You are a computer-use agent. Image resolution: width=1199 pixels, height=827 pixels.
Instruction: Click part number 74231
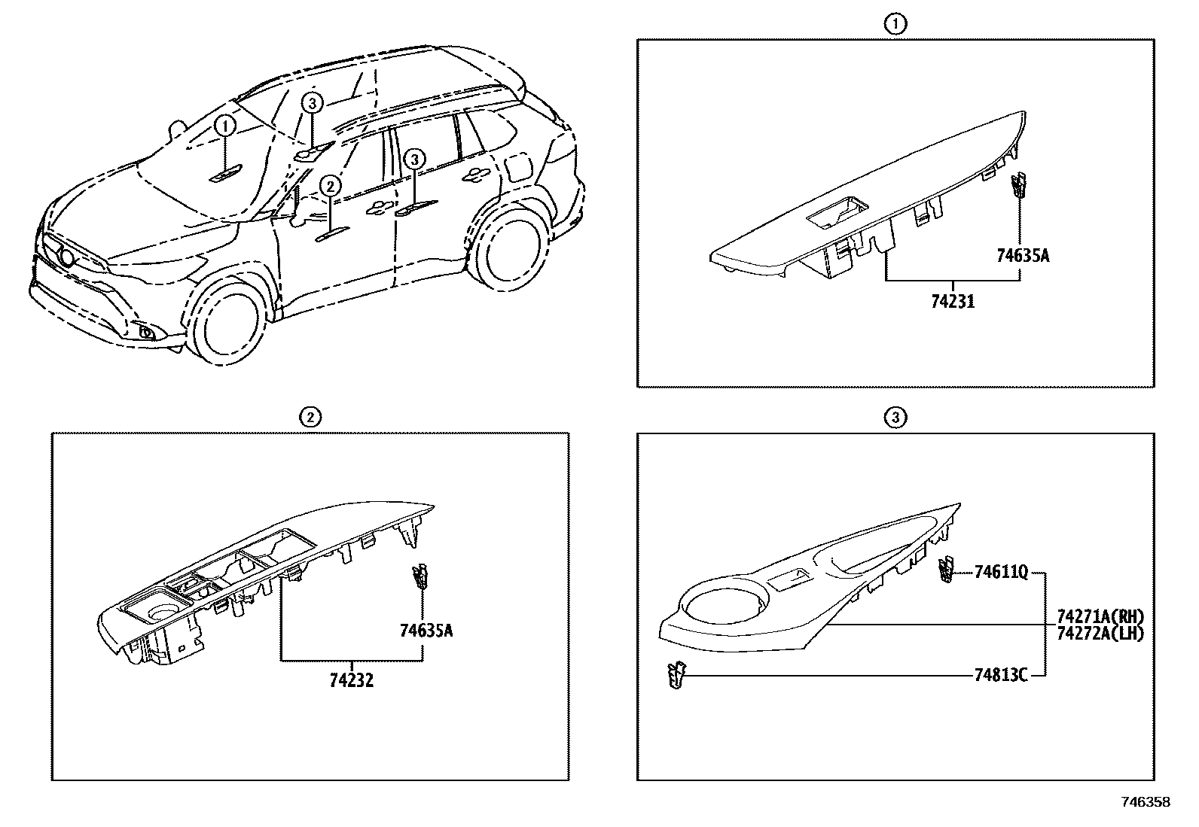coord(952,302)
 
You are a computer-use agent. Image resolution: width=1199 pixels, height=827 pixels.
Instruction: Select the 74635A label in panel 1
coord(1022,256)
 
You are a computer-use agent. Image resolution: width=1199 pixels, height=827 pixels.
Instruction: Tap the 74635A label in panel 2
coord(426,631)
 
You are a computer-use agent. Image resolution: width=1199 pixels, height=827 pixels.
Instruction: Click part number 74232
coord(351,681)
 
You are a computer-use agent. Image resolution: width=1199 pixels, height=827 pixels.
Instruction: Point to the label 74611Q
coord(1000,573)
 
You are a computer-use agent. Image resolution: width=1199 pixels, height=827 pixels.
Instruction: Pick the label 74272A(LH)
coord(1100,634)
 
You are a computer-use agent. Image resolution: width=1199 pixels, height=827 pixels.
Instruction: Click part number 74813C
coord(1000,676)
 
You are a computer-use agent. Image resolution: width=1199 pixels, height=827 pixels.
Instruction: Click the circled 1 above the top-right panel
coord(895,24)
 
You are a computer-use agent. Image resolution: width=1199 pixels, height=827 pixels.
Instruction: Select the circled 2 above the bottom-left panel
coord(310,417)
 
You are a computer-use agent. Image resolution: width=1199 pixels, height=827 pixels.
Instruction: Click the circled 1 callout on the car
coord(225,126)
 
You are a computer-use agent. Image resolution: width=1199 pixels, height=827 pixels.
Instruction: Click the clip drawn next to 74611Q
coord(944,570)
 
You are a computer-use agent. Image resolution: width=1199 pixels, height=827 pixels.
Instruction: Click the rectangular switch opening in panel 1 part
coord(835,214)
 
